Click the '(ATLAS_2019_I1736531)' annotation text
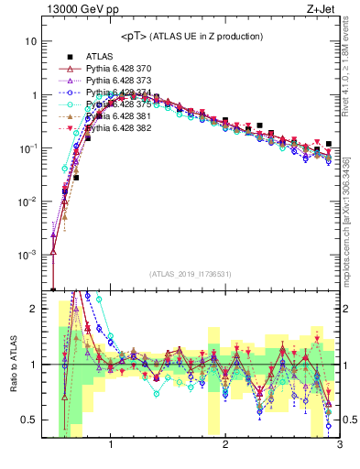191,274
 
